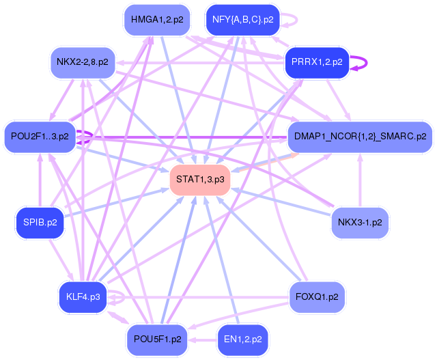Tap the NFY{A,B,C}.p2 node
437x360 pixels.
tap(243, 19)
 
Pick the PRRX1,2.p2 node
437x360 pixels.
tap(317, 62)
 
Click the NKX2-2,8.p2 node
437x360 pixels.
tap(83, 62)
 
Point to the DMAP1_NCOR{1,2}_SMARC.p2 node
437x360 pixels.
tap(360, 136)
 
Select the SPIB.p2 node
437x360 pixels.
tap(40, 222)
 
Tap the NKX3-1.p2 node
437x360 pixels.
tap(360, 222)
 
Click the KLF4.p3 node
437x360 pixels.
tap(83, 296)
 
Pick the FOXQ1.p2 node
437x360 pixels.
tap(317, 296)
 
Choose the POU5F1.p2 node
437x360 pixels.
tap(157, 339)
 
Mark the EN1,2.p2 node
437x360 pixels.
tap(243, 339)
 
